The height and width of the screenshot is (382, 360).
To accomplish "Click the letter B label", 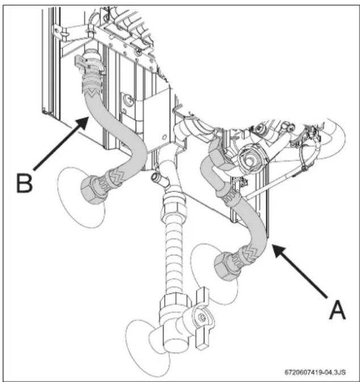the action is click(24, 183).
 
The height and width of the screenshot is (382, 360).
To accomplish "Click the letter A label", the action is click(338, 309).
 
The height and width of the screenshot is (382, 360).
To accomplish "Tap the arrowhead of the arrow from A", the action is click(278, 250).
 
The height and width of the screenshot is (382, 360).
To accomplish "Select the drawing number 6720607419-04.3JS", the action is click(315, 372).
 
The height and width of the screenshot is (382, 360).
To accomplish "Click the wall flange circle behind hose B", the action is click(81, 198).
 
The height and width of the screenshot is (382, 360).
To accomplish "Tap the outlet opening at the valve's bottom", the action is click(175, 343).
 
